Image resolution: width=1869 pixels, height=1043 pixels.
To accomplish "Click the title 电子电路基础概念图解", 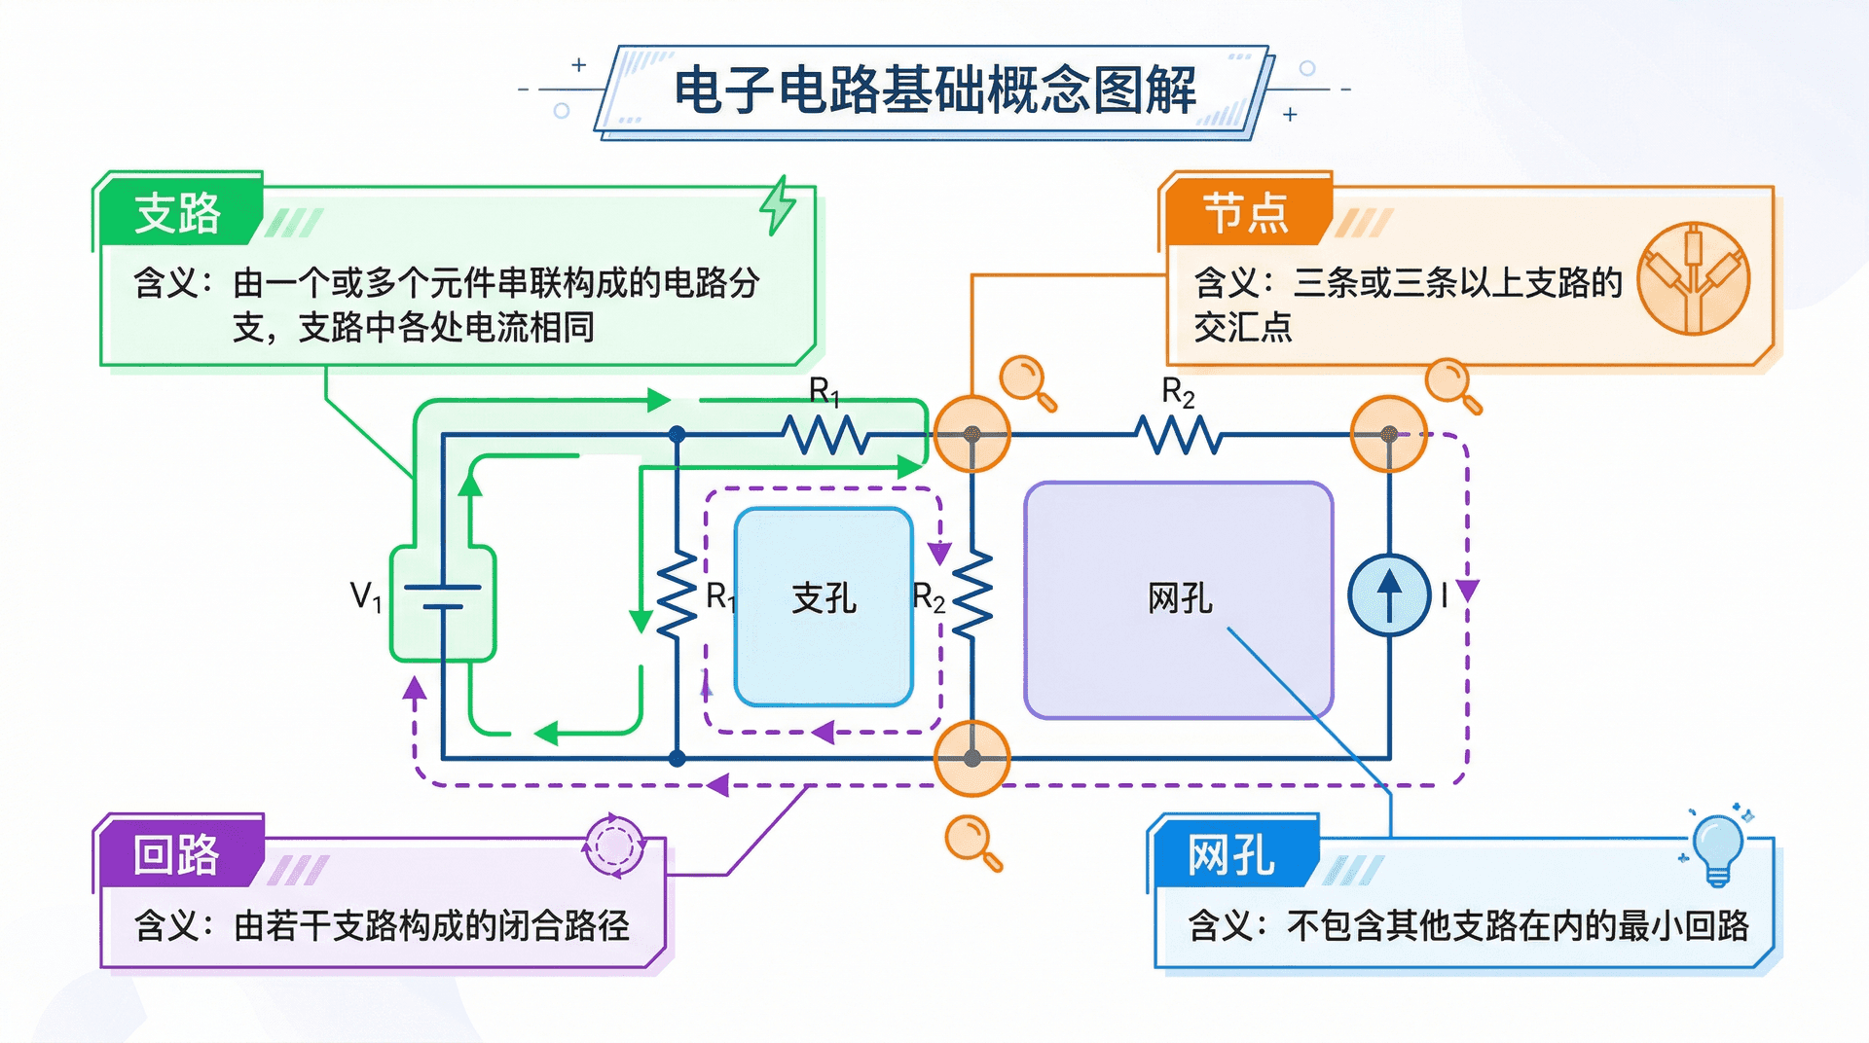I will click(x=934, y=90).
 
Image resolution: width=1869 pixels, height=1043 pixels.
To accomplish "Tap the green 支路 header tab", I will click(x=178, y=212).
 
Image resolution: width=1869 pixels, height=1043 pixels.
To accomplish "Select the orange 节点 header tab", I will click(x=1245, y=212).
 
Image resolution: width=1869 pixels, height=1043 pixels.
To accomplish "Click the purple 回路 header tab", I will click(x=176, y=854).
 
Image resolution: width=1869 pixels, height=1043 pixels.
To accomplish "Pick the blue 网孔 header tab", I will click(x=1230, y=855).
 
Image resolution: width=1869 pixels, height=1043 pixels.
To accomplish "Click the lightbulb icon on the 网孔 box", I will click(x=1718, y=846).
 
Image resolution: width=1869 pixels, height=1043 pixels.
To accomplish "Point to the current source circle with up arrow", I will click(x=1389, y=595).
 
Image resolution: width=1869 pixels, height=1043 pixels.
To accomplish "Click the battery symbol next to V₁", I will click(x=443, y=596).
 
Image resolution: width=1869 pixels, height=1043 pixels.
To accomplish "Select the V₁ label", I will click(x=366, y=595).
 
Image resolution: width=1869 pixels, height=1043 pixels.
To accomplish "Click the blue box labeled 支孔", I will click(x=824, y=605).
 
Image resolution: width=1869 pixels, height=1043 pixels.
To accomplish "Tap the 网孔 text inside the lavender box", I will click(x=1180, y=597).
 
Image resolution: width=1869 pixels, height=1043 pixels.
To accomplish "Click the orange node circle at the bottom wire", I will click(x=971, y=758).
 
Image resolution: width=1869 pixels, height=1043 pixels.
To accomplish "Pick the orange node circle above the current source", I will click(x=1389, y=434).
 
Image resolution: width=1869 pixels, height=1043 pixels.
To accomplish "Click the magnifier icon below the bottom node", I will click(x=972, y=842).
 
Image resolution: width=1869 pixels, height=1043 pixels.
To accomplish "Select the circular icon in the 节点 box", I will click(x=1693, y=278).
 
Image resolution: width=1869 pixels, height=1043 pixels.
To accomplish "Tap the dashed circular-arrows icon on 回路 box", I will click(x=613, y=845).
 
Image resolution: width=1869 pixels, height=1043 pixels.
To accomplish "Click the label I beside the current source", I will click(x=1445, y=594).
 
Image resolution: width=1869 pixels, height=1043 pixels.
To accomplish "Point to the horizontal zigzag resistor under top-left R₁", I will click(x=827, y=435).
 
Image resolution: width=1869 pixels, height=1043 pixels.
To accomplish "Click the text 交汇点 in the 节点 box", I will click(x=1243, y=327).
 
